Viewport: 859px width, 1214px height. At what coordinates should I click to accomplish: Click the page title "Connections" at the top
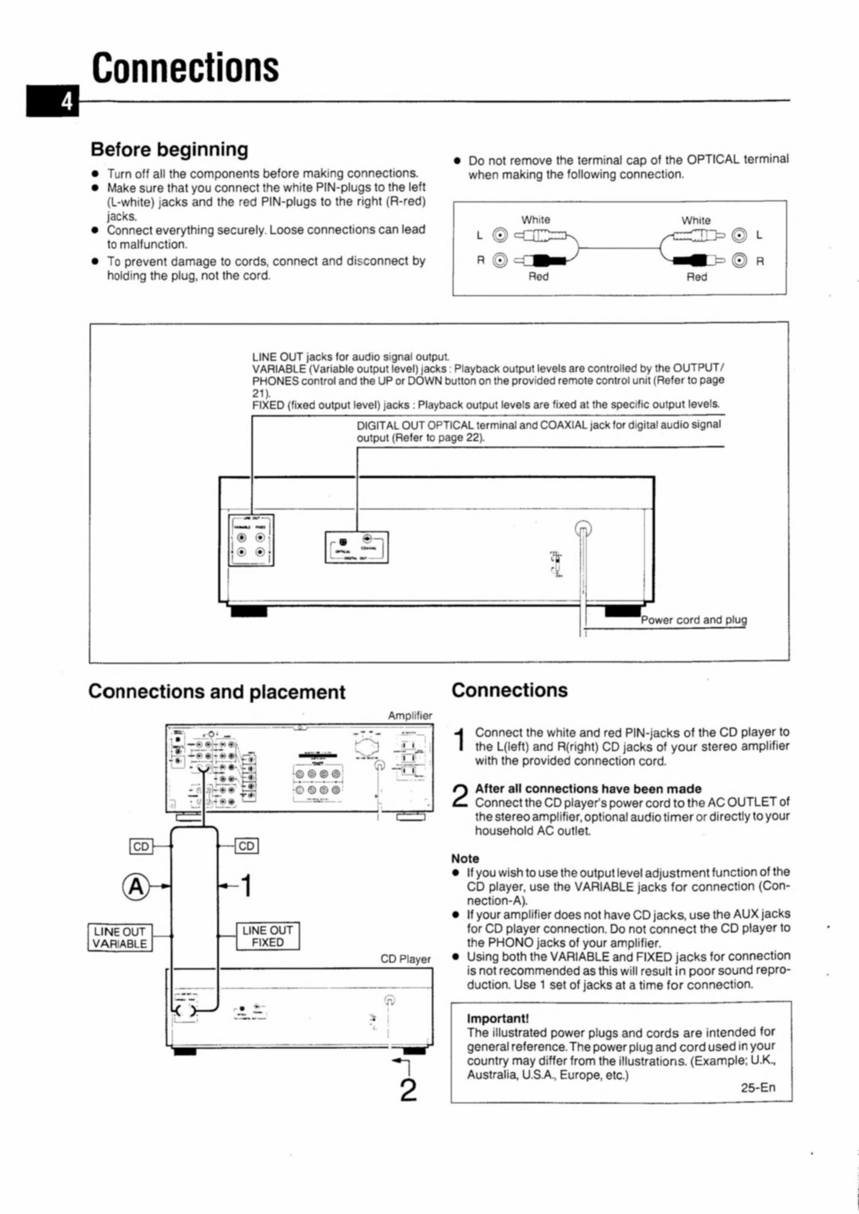[x=185, y=68]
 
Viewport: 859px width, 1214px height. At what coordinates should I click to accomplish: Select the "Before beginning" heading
[x=169, y=150]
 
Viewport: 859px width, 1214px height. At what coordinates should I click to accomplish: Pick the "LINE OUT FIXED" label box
[x=268, y=936]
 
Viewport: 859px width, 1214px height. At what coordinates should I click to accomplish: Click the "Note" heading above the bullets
[x=465, y=859]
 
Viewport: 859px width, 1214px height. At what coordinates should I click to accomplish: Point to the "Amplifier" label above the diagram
[x=410, y=716]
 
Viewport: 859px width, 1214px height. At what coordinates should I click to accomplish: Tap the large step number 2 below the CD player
[x=408, y=1090]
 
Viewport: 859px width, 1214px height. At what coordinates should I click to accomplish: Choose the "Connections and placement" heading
[x=217, y=692]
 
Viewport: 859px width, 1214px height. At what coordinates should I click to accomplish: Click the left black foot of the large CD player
[x=249, y=611]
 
